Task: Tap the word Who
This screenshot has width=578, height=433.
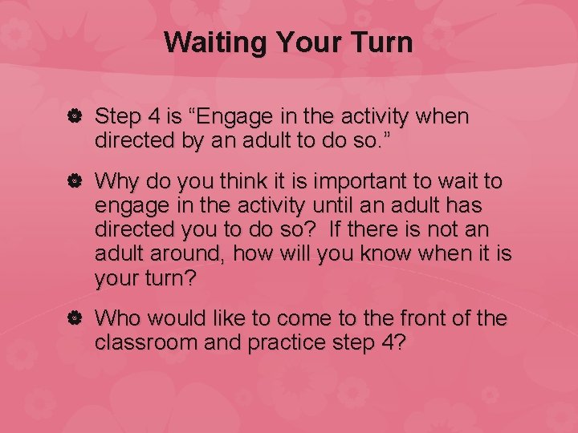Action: tap(117, 318)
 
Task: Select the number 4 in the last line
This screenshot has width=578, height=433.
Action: tap(395, 343)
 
